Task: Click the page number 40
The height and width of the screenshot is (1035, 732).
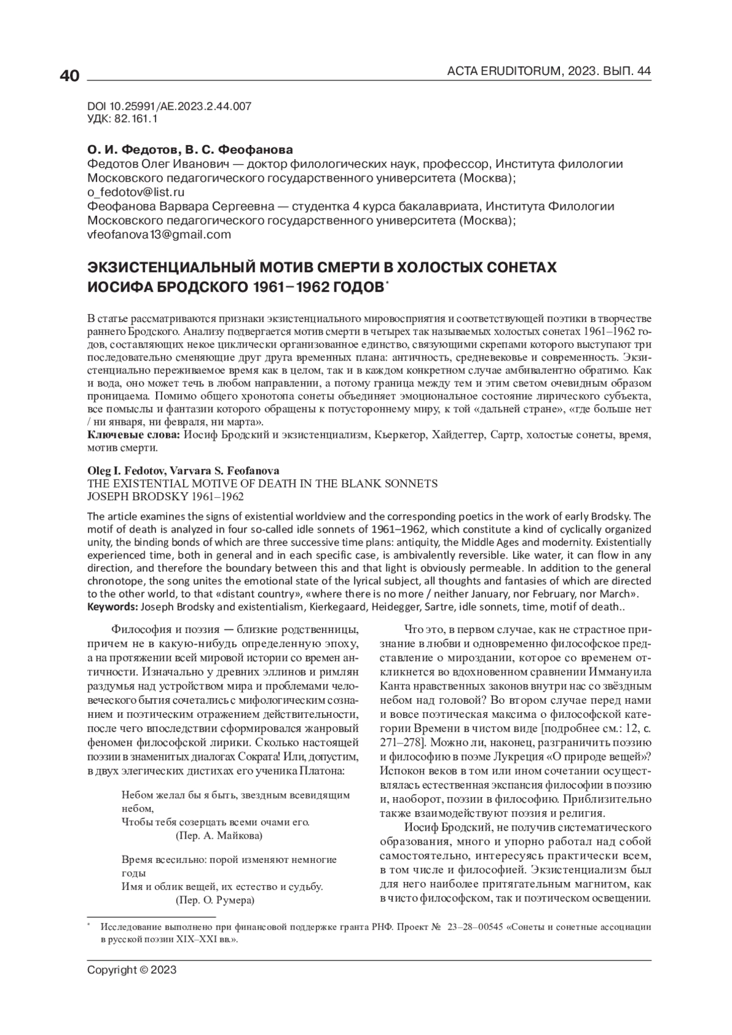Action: tap(70, 76)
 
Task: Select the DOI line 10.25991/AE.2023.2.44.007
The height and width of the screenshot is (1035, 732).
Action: tap(169, 106)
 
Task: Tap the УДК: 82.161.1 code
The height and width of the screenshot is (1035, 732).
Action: tap(123, 120)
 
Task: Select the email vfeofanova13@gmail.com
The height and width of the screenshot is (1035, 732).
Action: tap(159, 235)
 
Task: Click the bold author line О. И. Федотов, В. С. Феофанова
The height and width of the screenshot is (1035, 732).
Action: tap(190, 150)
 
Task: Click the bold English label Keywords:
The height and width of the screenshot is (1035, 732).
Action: tap(113, 607)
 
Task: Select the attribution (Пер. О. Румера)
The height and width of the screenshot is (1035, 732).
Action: tap(215, 900)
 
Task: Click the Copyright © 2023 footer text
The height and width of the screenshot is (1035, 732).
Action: tap(132, 969)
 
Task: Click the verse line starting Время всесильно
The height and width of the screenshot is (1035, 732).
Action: tap(229, 860)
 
